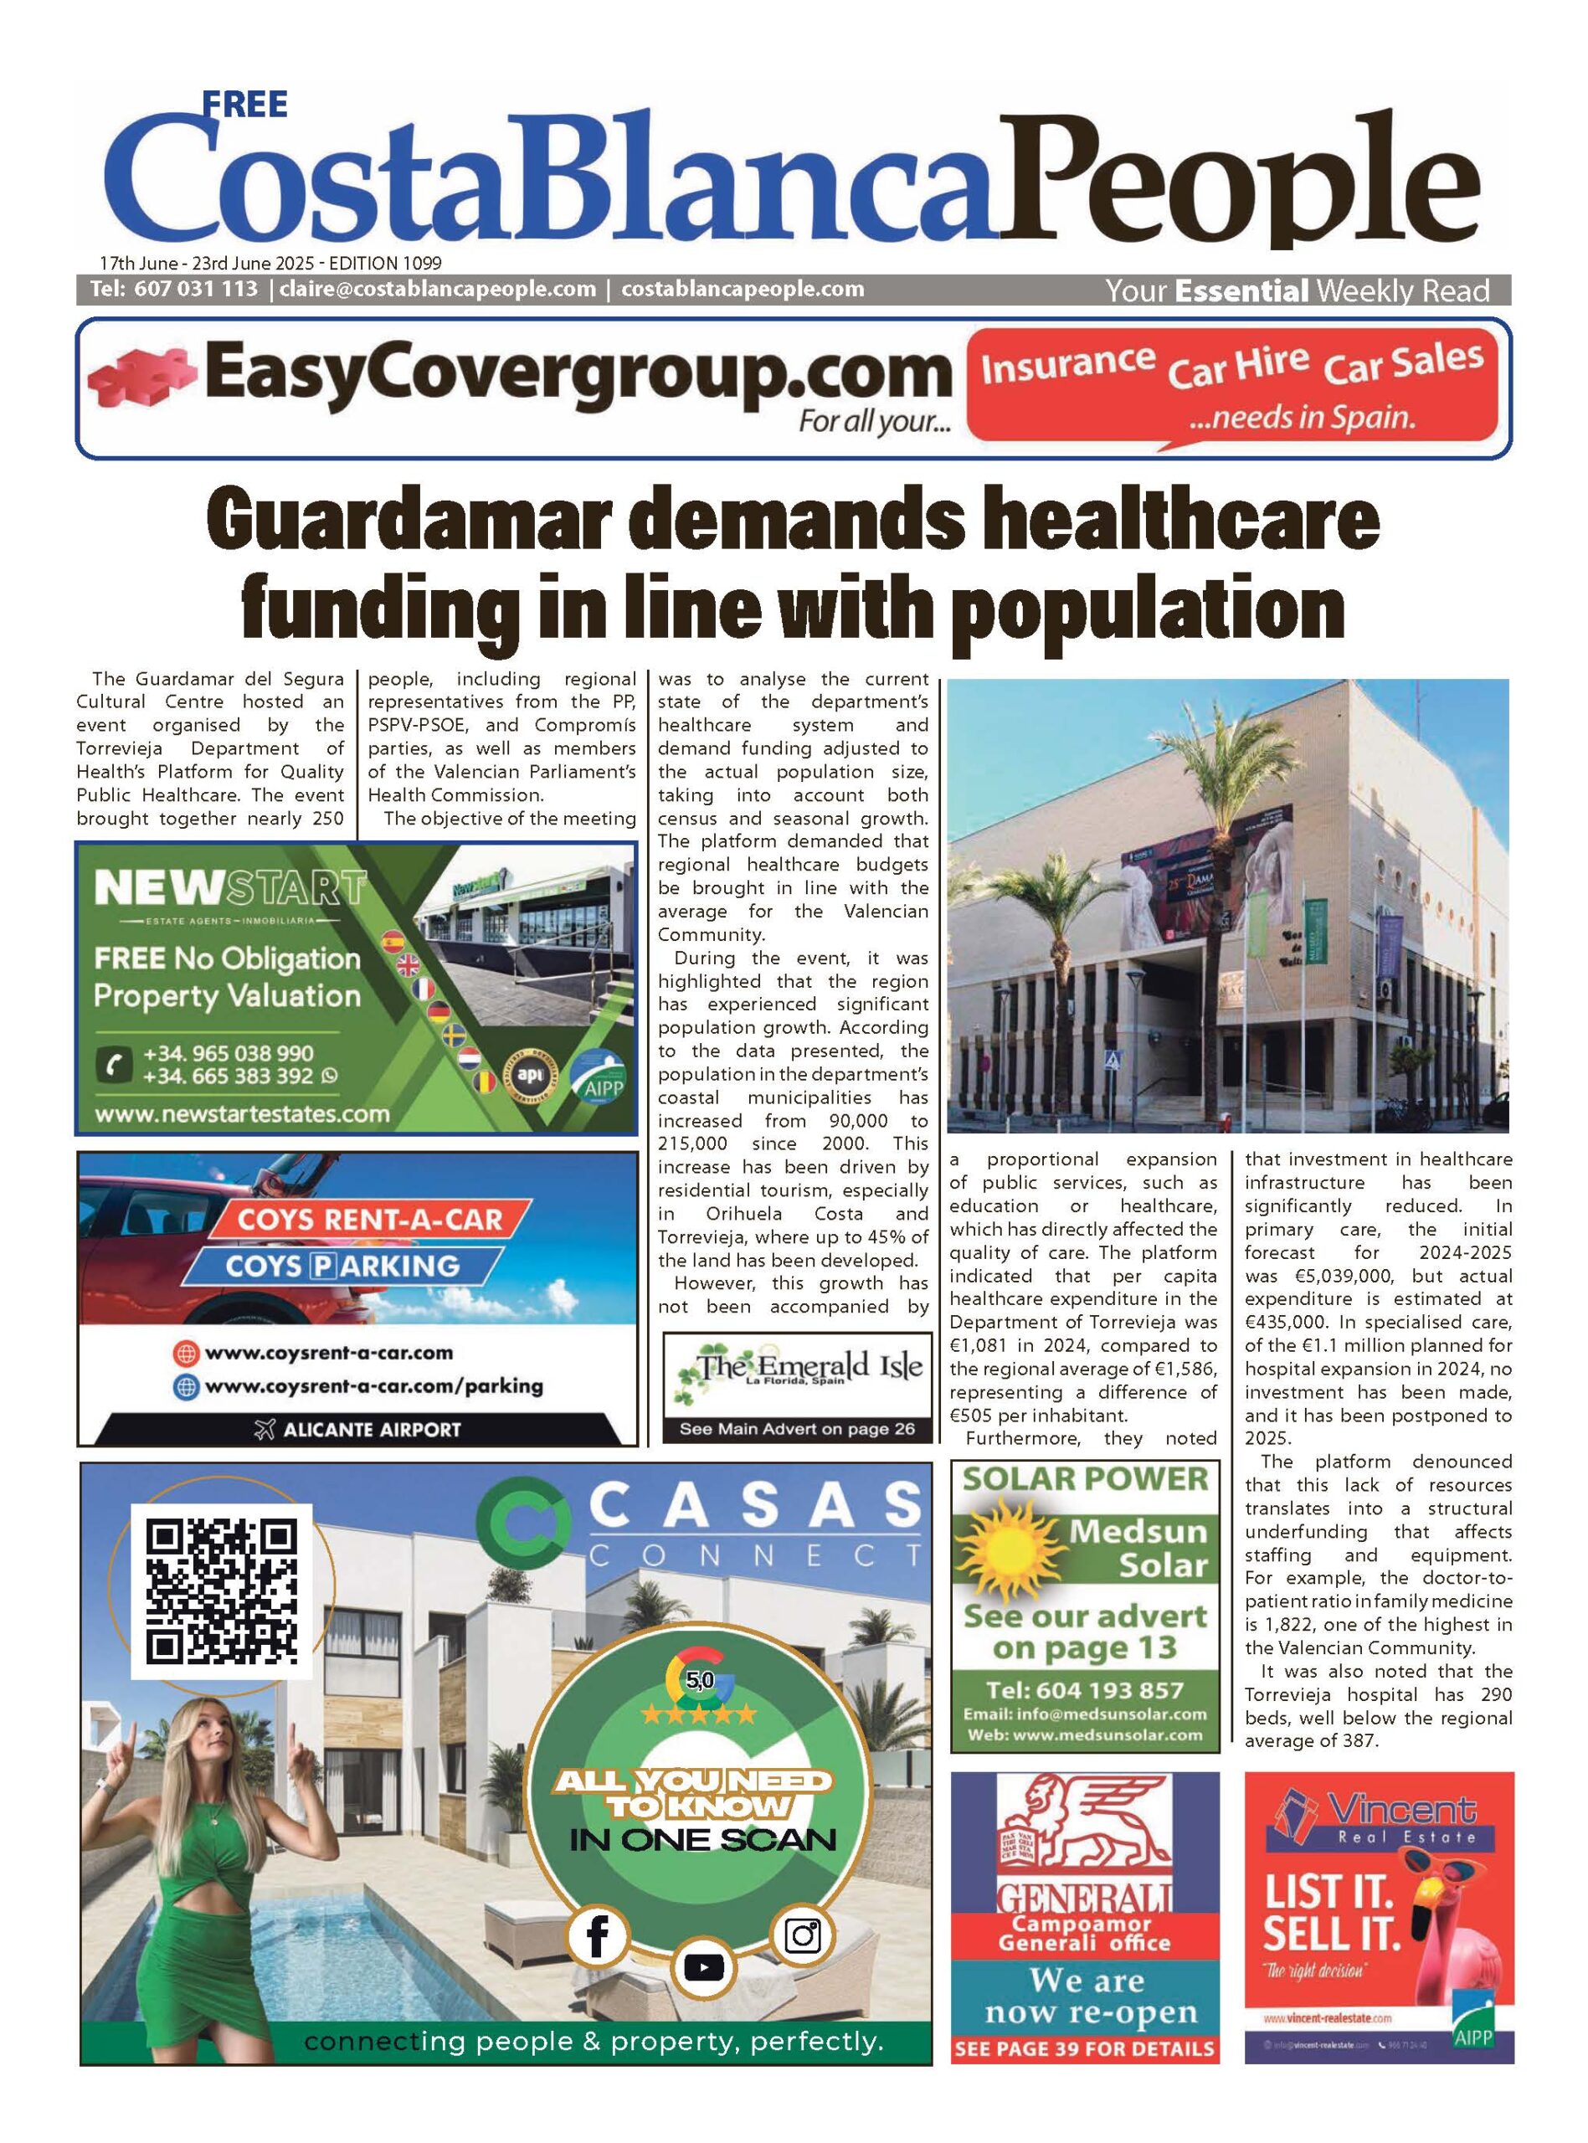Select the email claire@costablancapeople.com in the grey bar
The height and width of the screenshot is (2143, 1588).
click(x=437, y=290)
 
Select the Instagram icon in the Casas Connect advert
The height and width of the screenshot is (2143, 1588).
click(x=802, y=1935)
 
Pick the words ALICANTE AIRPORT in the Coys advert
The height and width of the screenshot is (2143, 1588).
click(x=372, y=1429)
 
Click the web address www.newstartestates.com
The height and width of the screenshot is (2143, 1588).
click(x=242, y=1115)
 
